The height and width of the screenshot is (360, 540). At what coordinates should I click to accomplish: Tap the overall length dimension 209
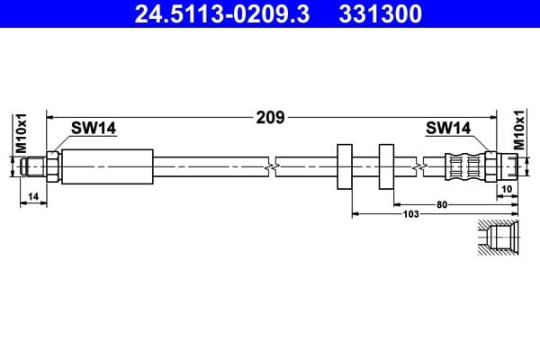click(x=271, y=116)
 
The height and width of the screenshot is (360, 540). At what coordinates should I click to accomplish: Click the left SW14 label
click(x=94, y=129)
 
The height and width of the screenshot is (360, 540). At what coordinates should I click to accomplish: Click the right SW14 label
click(x=448, y=129)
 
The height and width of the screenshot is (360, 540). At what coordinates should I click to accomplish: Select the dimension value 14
click(x=32, y=196)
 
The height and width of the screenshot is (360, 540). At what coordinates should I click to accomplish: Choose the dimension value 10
click(x=508, y=189)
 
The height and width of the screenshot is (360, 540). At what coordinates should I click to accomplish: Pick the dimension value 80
click(x=442, y=204)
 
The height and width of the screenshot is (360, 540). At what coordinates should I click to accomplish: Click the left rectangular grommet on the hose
click(x=344, y=167)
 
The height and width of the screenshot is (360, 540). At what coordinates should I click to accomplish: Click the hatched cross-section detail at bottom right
click(x=497, y=239)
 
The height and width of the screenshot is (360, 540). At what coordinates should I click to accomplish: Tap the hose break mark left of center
click(x=271, y=167)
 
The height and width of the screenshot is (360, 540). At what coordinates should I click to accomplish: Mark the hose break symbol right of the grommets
click(x=419, y=167)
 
